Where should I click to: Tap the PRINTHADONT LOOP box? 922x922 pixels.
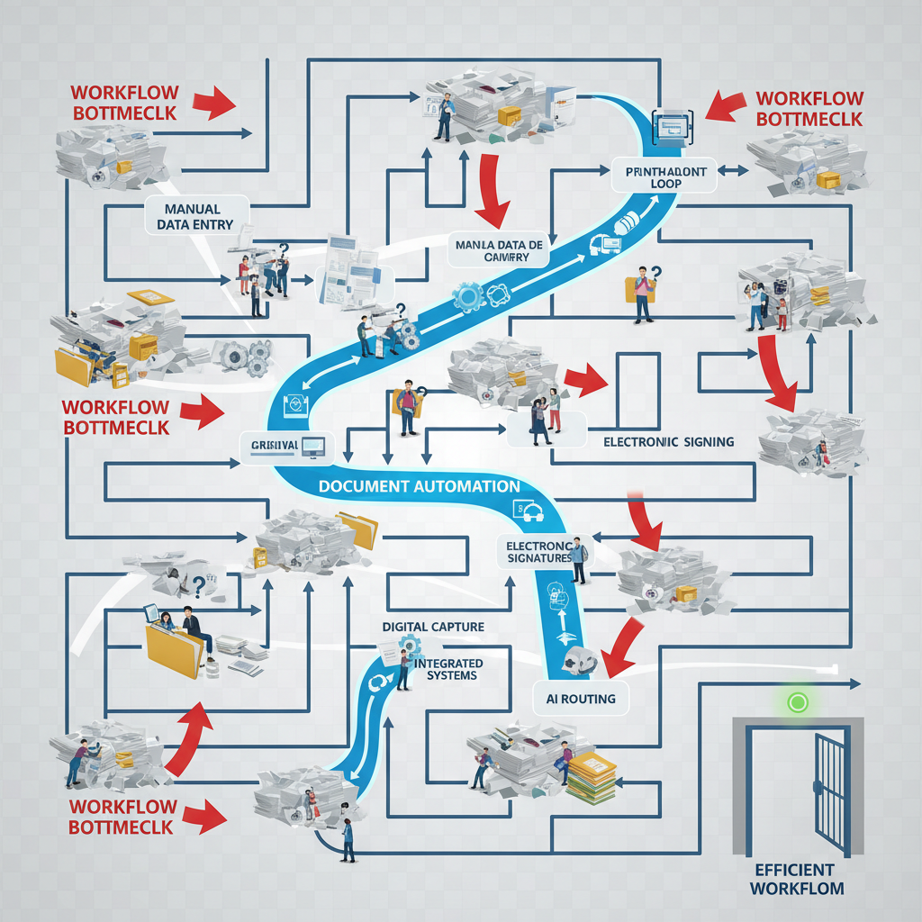pyautogui.click(x=664, y=176)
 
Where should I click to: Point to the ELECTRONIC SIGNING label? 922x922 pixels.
pyautogui.click(x=668, y=442)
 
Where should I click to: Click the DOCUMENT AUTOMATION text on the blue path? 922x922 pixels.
pyautogui.click(x=419, y=486)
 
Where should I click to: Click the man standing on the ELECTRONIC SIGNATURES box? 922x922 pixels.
pyautogui.click(x=577, y=560)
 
